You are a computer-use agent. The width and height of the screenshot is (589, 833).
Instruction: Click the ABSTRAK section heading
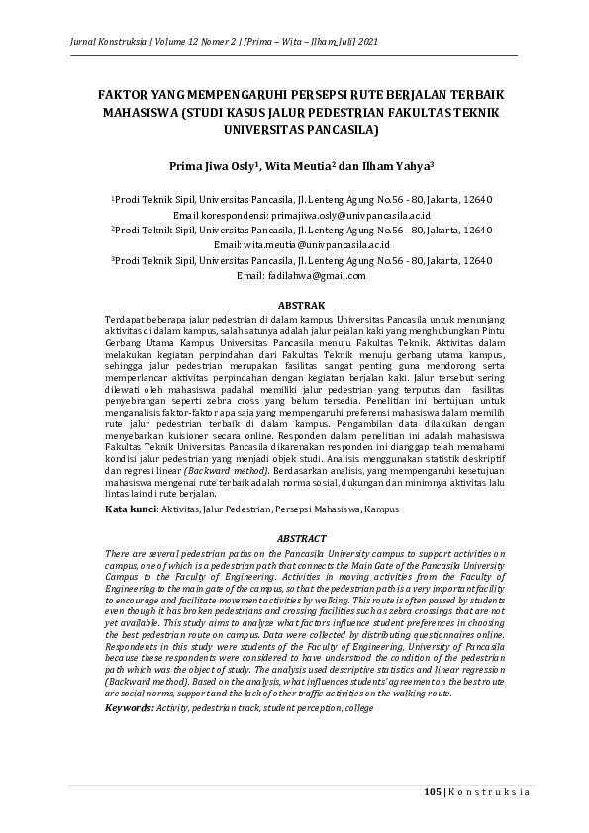[293, 305]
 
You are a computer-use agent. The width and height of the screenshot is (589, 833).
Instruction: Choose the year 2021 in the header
[366, 43]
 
